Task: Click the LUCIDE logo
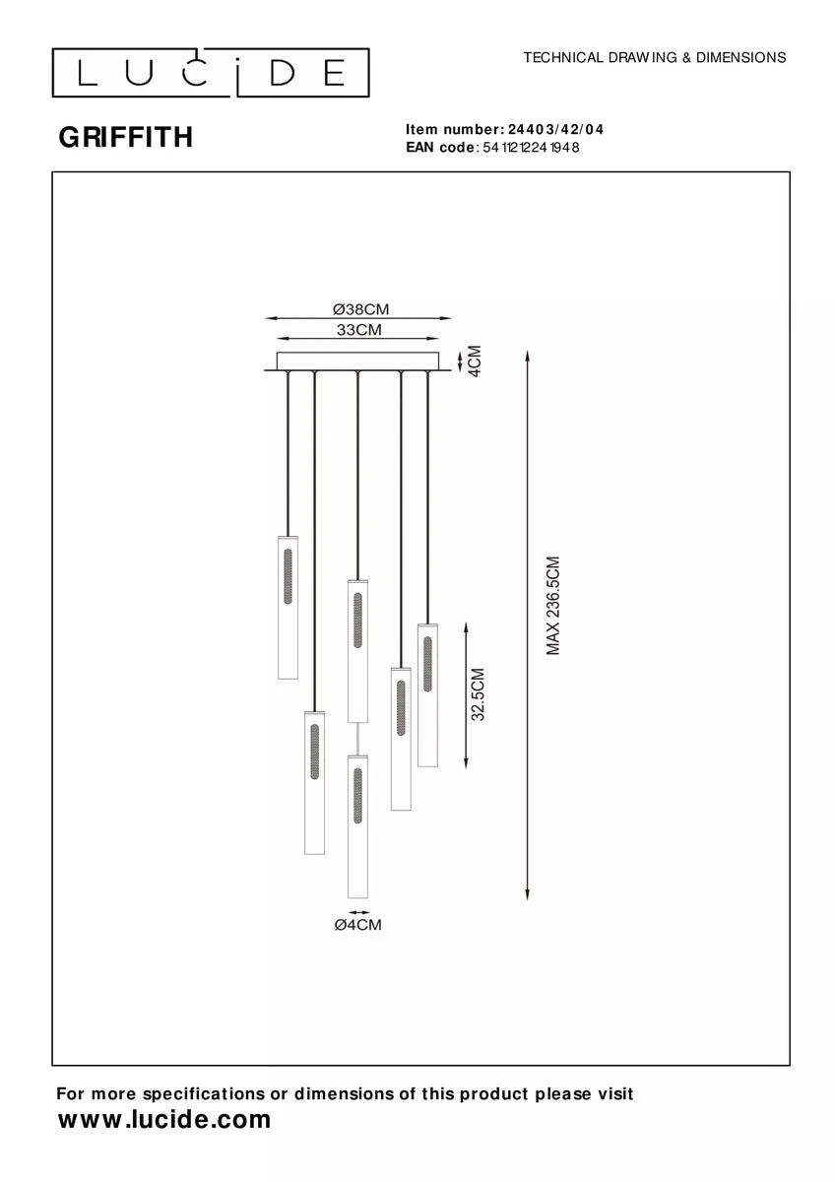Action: tap(211, 73)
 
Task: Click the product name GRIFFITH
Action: tap(125, 137)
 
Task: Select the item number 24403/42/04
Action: tap(555, 129)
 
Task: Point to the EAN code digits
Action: tap(531, 147)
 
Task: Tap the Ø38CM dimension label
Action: tap(360, 309)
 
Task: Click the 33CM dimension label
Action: tap(358, 330)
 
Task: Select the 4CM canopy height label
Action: tap(476, 361)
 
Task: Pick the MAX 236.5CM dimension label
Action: tap(552, 605)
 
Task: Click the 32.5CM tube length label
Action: tap(478, 694)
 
